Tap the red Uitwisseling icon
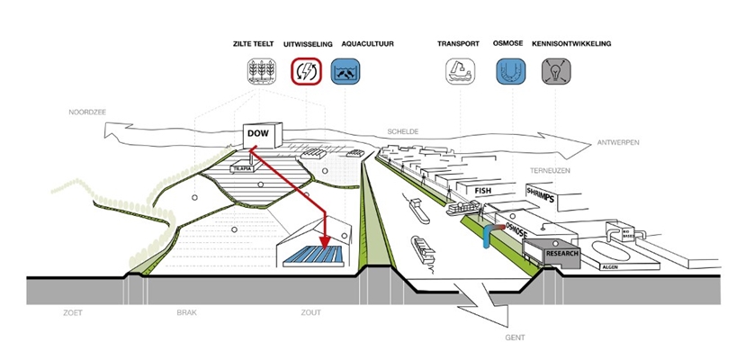click(x=306, y=71)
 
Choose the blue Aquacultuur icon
click(x=347, y=71)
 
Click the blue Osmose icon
click(x=510, y=71)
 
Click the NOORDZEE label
click(x=88, y=112)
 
